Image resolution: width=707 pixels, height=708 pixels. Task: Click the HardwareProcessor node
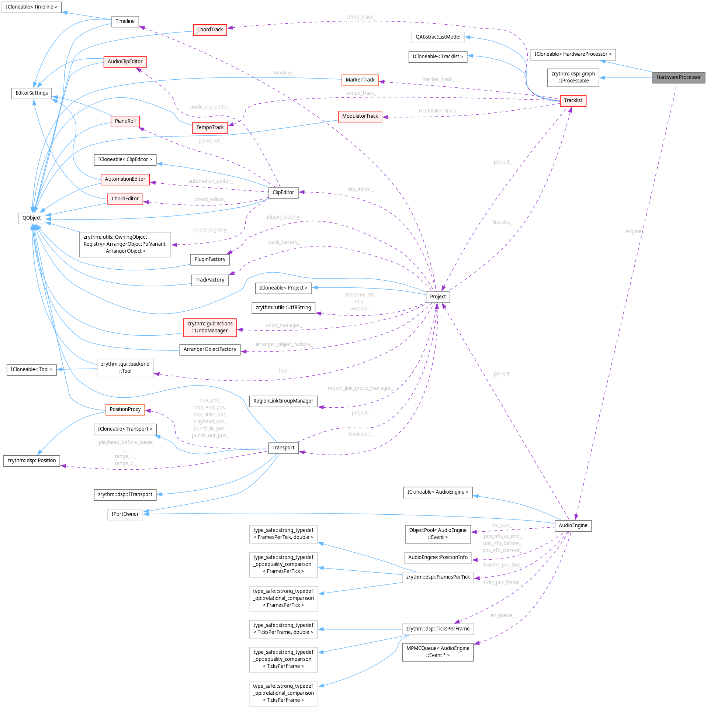(x=678, y=77)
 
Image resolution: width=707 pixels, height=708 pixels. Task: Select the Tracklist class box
(x=573, y=100)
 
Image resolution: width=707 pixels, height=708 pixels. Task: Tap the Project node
(x=437, y=297)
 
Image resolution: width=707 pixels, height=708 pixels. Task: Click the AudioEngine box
(x=573, y=525)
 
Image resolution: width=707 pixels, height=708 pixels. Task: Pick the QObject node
(x=31, y=218)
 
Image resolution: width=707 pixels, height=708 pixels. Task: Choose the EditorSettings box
(x=31, y=93)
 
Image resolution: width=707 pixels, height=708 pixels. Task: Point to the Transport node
(x=283, y=448)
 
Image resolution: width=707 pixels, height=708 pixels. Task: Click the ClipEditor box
(x=283, y=192)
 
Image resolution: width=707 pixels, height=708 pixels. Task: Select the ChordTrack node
(x=209, y=30)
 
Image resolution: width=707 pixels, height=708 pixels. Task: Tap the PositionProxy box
(x=125, y=409)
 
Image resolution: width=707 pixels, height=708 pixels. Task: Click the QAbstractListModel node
(x=437, y=37)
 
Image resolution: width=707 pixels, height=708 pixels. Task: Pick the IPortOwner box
(x=125, y=514)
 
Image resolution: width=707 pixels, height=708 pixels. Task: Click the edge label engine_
(x=634, y=231)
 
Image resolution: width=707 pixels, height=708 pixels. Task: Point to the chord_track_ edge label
(x=360, y=17)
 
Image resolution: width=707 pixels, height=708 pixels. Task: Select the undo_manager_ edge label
(x=283, y=325)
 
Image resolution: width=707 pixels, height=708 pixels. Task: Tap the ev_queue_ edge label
(x=502, y=615)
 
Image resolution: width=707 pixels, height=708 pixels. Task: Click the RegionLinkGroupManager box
(x=283, y=401)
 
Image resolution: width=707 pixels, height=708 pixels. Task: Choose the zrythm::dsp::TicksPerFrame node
(x=437, y=629)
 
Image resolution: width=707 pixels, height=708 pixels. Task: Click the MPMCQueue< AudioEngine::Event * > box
(x=437, y=652)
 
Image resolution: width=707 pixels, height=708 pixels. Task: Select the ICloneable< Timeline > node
(x=31, y=7)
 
